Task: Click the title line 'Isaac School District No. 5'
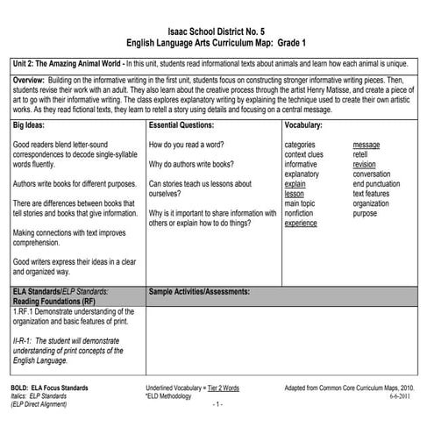click(217, 30)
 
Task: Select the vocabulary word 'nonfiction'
click(301, 213)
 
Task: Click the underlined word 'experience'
click(301, 224)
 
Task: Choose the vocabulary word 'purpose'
click(365, 213)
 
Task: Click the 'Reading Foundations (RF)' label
click(54, 300)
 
